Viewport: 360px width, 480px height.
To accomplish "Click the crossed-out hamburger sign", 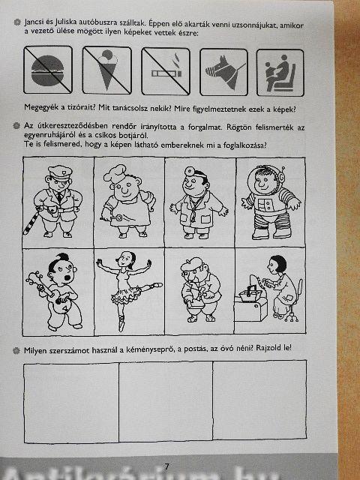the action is pos(48,70).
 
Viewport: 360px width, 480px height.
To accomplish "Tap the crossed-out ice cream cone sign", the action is pos(106,70).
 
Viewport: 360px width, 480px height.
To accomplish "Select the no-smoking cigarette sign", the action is pos(166,71).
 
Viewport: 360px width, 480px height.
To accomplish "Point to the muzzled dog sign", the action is pos(223,72).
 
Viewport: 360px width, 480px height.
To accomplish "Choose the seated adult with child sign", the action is pos(280,73).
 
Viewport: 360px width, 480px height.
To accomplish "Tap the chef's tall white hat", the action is pos(115,173).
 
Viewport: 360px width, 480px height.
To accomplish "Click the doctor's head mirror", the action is pos(189,171).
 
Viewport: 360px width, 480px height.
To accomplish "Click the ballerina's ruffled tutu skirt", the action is pos(126,295).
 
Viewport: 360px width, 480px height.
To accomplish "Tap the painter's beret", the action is pos(192,264).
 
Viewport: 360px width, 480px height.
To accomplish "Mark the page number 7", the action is pos(166,466).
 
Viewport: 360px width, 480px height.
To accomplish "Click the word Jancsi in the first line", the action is pos(33,22).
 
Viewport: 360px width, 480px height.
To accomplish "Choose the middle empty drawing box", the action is pos(166,401).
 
